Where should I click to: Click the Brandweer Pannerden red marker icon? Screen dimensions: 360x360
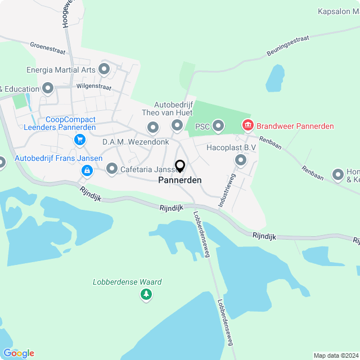[x=246, y=125]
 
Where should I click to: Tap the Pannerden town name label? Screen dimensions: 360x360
[x=179, y=180]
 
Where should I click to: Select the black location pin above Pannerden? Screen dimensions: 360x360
[x=180, y=166]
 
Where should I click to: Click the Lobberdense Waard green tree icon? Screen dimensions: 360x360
[x=146, y=294]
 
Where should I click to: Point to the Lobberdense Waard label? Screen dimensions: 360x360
[x=128, y=282]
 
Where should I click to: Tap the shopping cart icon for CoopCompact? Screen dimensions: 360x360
[x=80, y=140]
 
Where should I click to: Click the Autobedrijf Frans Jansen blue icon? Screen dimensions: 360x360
[x=87, y=170]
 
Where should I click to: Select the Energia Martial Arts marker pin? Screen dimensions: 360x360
[x=104, y=70]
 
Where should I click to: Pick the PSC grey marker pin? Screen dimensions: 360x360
[x=218, y=127]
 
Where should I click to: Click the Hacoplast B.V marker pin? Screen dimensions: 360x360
[x=241, y=161]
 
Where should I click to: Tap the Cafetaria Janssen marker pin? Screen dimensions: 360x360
[x=112, y=168]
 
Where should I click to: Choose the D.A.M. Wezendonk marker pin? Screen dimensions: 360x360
[x=153, y=129]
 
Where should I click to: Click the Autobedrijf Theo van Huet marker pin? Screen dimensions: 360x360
[x=177, y=125]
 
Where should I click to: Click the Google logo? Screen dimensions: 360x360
[x=18, y=353]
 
